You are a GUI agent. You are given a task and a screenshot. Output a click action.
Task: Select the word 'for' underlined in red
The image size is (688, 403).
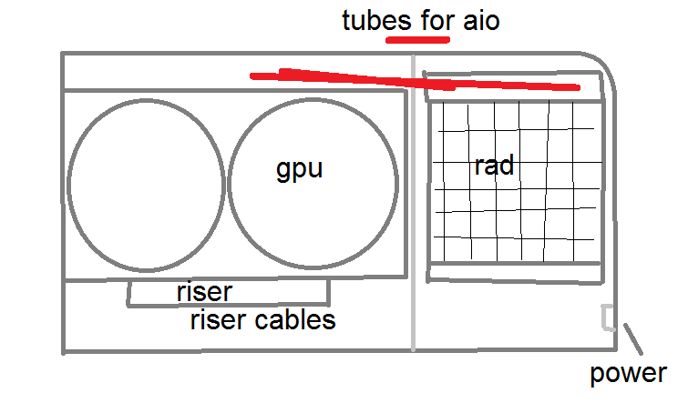coord(428,20)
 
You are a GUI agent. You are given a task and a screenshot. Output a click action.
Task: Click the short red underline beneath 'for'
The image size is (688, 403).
coord(418,40)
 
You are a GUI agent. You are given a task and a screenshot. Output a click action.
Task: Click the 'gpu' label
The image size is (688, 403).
coord(300,170)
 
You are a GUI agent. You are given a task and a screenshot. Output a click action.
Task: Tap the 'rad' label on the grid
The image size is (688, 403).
coord(494,166)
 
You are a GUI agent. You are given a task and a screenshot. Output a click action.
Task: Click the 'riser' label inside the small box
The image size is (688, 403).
coord(204,292)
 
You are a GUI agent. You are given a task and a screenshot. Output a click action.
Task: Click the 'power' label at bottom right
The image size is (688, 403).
coord(628,373)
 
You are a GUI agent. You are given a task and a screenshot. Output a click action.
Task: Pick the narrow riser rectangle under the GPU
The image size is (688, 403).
coord(229,293)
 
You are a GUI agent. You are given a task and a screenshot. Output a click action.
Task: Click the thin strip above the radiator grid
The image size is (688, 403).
coord(515,87)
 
